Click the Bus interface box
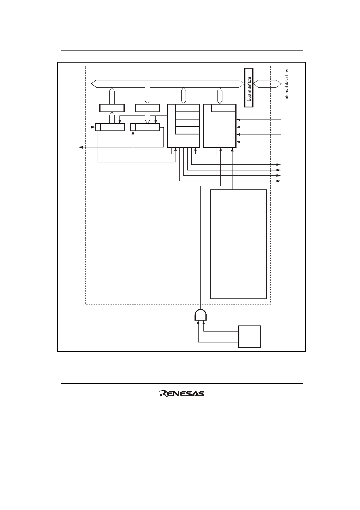[249, 88]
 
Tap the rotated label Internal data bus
[287, 84]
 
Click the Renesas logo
[182, 394]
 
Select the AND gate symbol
[201, 315]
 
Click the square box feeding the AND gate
[250, 337]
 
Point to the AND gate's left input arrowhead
[199, 322]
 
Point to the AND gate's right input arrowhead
[203, 322]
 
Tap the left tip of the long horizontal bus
[91, 84]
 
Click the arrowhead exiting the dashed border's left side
[80, 147]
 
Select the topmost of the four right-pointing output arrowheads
[278, 164]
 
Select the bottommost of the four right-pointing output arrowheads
[278, 181]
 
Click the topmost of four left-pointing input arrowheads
[238, 120]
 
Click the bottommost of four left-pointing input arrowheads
[238, 142]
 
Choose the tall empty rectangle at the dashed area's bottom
[239, 244]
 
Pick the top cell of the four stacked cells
[188, 108]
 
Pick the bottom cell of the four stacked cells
[188, 130]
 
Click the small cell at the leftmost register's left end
[98, 127]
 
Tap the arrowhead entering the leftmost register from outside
[93, 127]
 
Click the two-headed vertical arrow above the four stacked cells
[183, 96]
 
